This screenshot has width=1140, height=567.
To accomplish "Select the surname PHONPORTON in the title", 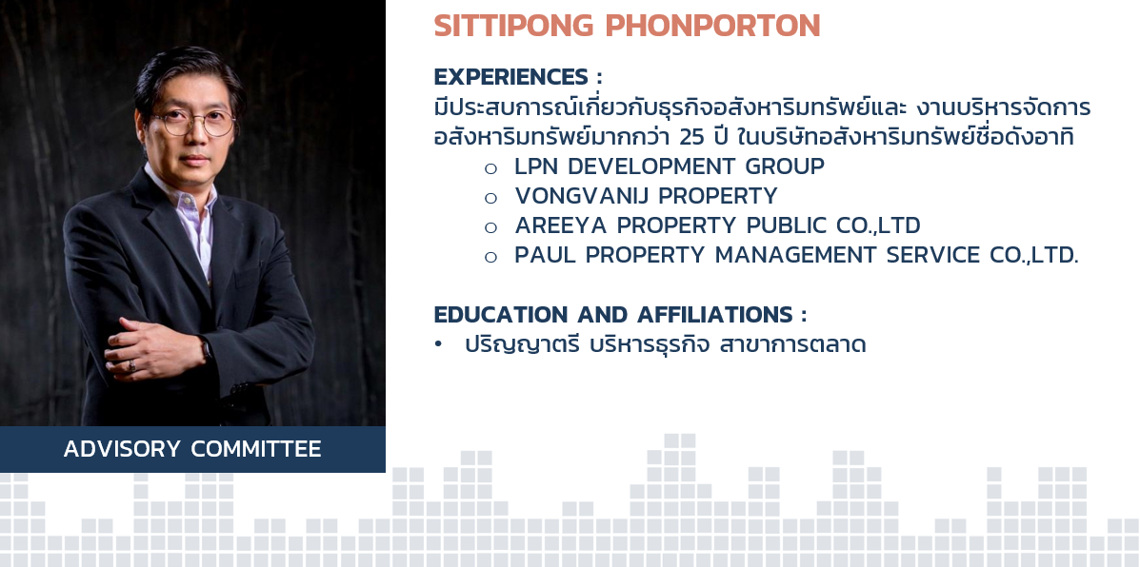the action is (x=712, y=26).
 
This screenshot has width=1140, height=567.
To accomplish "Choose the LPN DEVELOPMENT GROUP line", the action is (x=669, y=166).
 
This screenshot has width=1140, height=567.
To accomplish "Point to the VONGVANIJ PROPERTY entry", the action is (x=647, y=196).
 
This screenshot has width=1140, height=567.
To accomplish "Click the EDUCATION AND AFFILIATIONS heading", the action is (x=620, y=315).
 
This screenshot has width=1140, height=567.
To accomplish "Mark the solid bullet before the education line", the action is (x=438, y=345).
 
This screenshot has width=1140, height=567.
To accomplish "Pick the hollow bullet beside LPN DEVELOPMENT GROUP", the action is (x=490, y=168).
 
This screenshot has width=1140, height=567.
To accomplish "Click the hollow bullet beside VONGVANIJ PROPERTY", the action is (x=490, y=198).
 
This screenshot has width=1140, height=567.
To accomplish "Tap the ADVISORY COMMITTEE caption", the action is (x=192, y=449).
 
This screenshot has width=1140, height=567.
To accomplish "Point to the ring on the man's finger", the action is (x=131, y=364).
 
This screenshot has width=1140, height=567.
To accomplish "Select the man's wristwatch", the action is (x=207, y=349).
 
